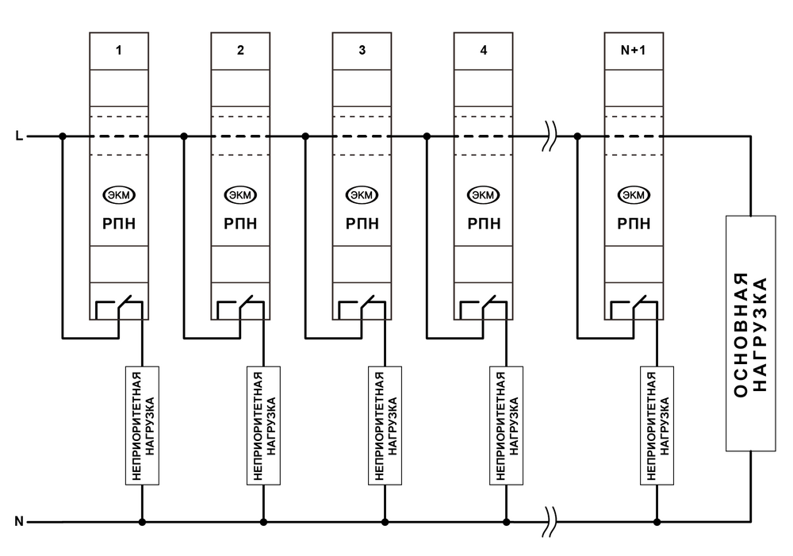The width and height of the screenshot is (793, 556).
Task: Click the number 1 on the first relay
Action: point(119,51)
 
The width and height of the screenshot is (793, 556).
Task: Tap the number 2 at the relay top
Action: point(240,51)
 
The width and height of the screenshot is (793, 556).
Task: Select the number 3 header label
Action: point(362,51)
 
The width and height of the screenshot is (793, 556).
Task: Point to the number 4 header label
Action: point(484,51)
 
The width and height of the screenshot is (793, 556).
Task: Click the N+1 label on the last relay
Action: point(633,51)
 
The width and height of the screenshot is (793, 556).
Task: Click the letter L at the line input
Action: point(19,136)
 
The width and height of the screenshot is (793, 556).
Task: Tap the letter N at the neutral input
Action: point(19,522)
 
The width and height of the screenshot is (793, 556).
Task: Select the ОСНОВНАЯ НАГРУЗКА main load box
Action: point(749,333)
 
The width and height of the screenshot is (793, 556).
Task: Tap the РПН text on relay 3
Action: point(362,224)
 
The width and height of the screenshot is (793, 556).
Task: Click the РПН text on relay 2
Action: point(240,224)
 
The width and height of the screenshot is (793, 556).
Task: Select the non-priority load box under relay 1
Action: point(143,426)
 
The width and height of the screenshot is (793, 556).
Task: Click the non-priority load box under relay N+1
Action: point(657,426)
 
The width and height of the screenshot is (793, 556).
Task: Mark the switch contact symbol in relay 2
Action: point(240,308)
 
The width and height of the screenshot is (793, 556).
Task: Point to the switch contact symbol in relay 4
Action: point(484,308)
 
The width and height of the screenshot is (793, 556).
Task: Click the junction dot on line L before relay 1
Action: point(63,136)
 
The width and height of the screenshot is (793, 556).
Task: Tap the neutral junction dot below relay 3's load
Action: point(385,522)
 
